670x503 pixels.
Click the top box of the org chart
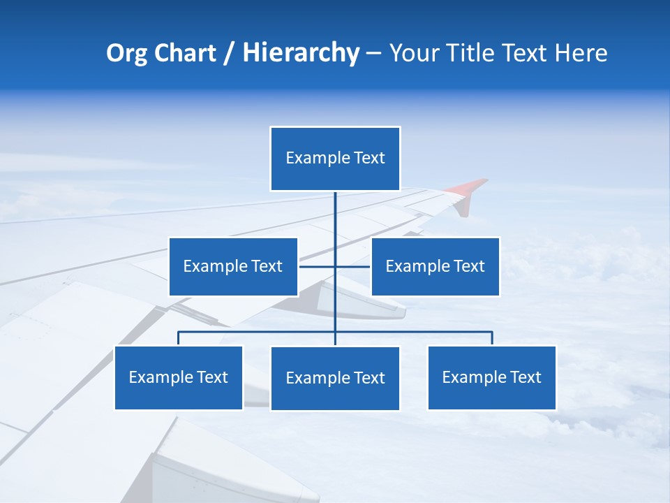[335, 159]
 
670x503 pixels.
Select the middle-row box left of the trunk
[233, 266]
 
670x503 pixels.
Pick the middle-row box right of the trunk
[435, 266]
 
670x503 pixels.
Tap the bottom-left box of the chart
[179, 377]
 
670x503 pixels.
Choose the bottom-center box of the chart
[335, 378]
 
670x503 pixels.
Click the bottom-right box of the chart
[492, 377]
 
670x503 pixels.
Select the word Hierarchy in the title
[301, 54]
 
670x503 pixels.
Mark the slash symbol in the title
[230, 54]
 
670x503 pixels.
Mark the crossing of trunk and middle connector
[335, 266]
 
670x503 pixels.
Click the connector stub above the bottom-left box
[179, 338]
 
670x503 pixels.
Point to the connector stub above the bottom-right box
[492, 338]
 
